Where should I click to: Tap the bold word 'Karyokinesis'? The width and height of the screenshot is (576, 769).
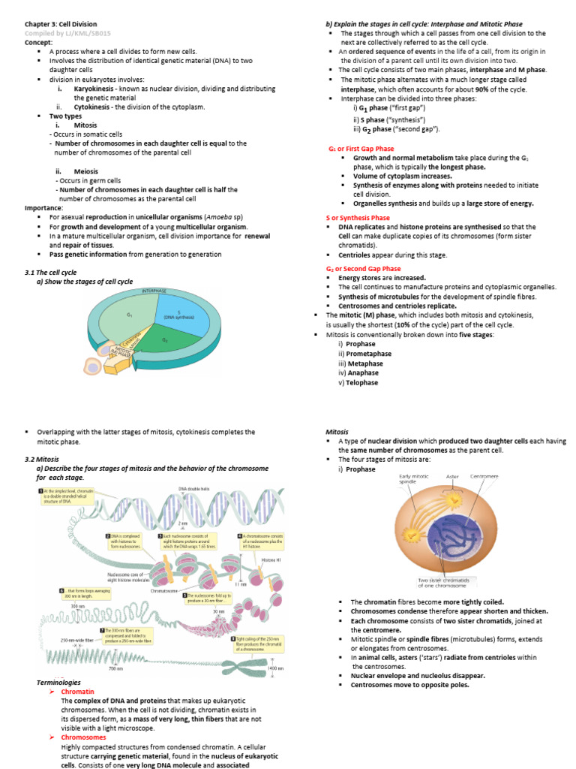pyautogui.click(x=94, y=89)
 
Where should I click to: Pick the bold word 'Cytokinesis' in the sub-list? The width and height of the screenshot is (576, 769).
pyautogui.click(x=92, y=107)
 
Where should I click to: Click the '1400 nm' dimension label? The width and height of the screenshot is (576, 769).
pyautogui.click(x=275, y=668)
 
